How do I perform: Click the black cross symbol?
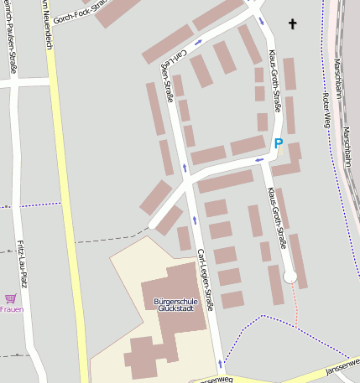coord(293,24)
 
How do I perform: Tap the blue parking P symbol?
coord(279,143)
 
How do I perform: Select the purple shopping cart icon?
coord(11,298)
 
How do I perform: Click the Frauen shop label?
coord(11,309)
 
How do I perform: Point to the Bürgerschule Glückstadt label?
coord(175,304)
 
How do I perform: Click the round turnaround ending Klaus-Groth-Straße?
coord(290,276)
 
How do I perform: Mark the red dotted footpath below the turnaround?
coord(295,302)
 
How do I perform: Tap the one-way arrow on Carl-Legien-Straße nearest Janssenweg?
coord(220,363)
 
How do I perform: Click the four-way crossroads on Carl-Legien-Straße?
coord(187,180)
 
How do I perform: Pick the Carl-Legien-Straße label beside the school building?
coord(206,281)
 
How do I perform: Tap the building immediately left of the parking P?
coord(248,145)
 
